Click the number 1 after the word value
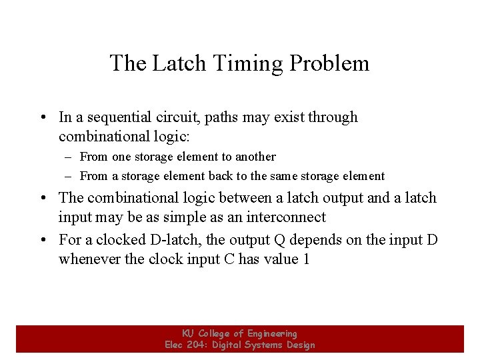[x=306, y=259]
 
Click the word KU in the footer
[x=189, y=333]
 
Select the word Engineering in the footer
[x=272, y=333]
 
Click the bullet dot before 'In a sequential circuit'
[x=42, y=118]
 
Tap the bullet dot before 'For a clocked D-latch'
[x=42, y=239]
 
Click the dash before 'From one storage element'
[x=69, y=157]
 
